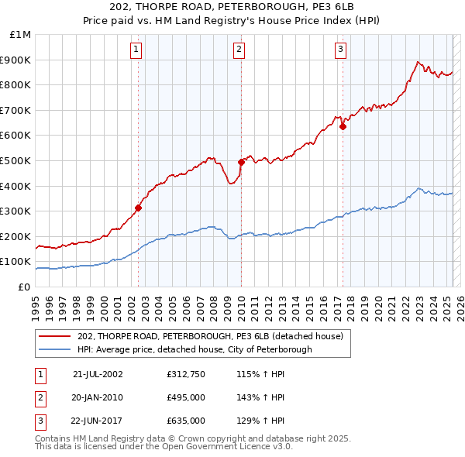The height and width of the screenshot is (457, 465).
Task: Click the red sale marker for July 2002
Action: pos(139,208)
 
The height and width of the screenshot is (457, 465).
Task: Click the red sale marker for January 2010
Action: pos(241,162)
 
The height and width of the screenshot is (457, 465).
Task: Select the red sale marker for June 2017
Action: pos(343,127)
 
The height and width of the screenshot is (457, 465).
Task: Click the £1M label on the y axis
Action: pos(21,34)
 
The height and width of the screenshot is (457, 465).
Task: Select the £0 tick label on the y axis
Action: pos(25,287)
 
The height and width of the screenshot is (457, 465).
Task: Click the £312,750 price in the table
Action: pos(186,374)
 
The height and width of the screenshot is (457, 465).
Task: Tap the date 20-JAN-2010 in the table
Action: pos(96,397)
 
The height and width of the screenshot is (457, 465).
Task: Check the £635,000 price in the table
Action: pos(186,421)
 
